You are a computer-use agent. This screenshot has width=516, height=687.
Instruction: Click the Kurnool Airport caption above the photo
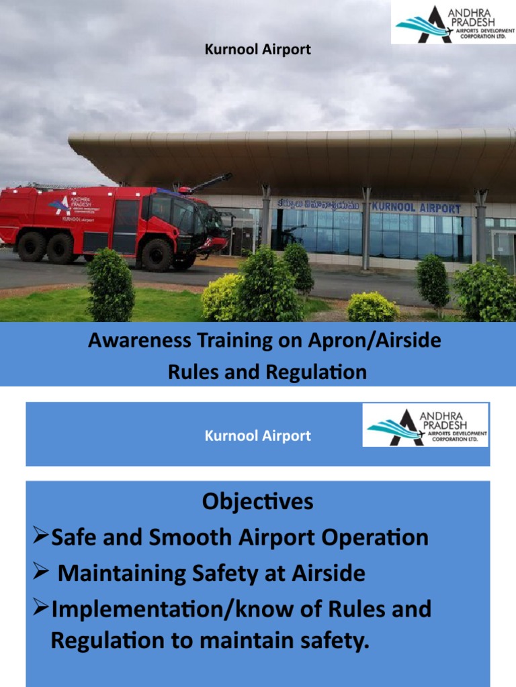tap(258, 50)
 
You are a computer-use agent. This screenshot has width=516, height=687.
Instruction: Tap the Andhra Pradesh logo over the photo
tap(453, 23)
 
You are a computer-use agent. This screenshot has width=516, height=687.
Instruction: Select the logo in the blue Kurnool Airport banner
tap(426, 425)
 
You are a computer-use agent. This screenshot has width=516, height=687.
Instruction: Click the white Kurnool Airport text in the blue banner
tap(258, 436)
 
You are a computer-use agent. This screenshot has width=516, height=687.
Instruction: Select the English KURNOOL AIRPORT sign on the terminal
tap(416, 208)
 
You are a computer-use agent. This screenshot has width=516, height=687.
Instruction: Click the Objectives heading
tap(258, 501)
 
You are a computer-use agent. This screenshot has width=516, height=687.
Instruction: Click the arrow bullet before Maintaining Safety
tap(40, 573)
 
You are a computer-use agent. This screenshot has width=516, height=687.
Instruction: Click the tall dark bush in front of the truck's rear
tap(110, 284)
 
